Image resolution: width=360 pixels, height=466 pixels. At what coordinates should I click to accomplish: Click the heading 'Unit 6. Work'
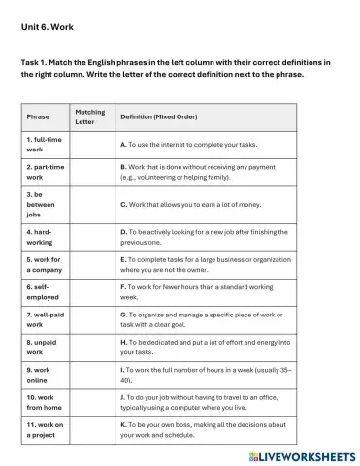point(46,28)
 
